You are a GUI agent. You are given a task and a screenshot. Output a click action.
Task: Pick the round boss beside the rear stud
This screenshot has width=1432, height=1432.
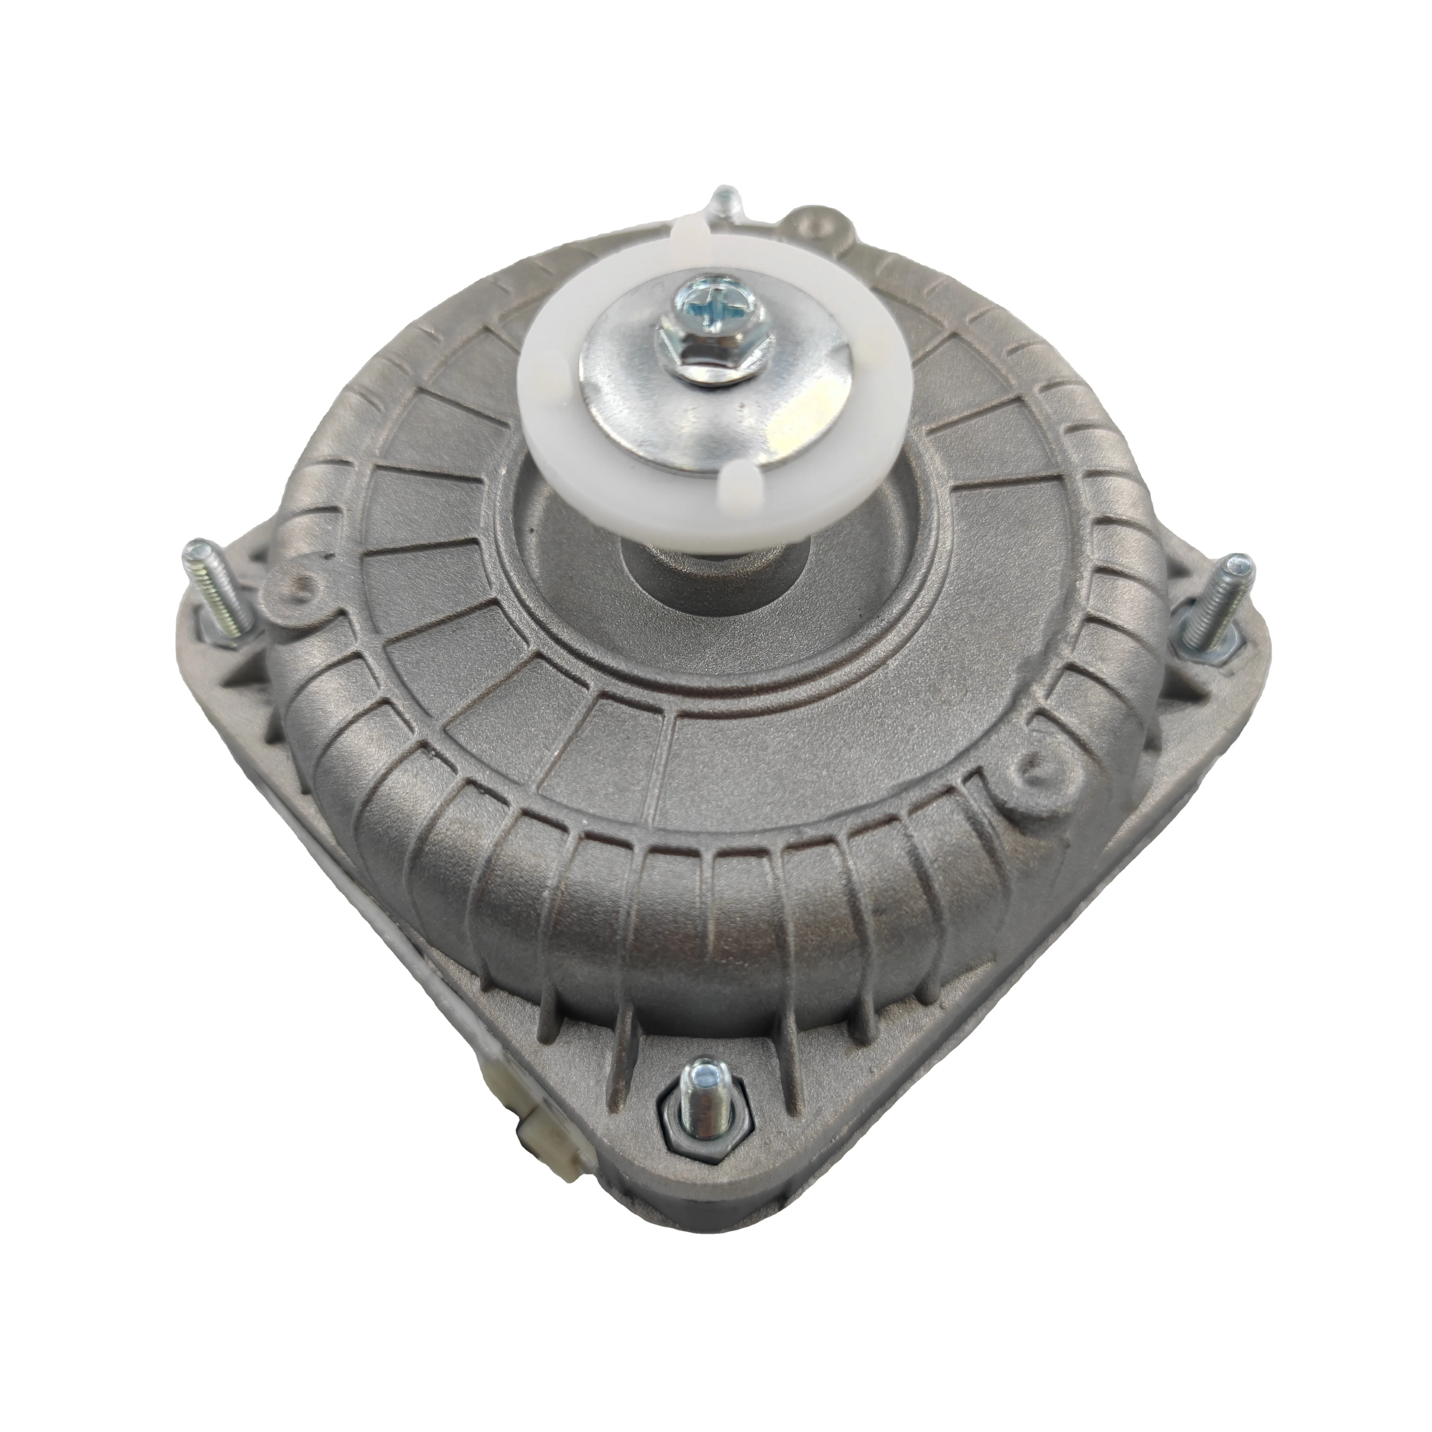(815, 222)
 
